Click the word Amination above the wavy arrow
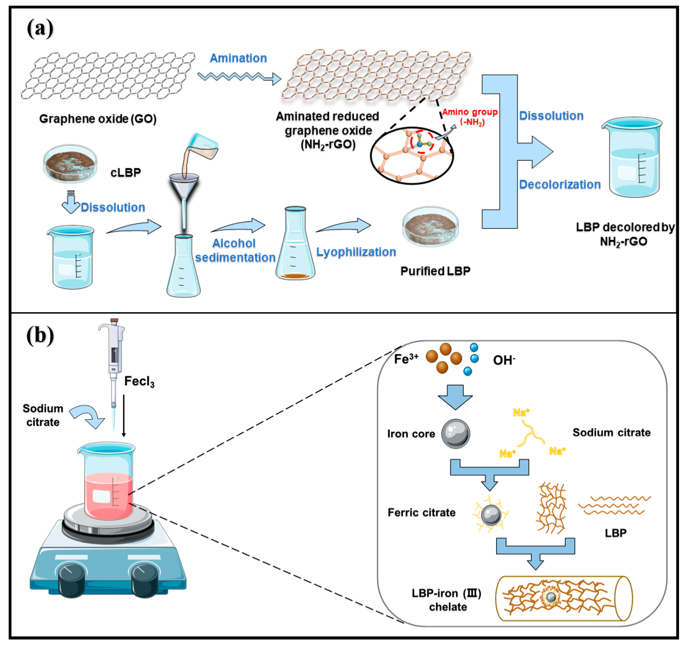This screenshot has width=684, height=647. (238, 58)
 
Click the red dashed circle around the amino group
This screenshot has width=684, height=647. (421, 142)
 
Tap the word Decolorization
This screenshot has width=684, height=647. (560, 185)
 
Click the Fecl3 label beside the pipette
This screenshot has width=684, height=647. (139, 382)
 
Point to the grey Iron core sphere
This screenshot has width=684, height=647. (456, 433)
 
